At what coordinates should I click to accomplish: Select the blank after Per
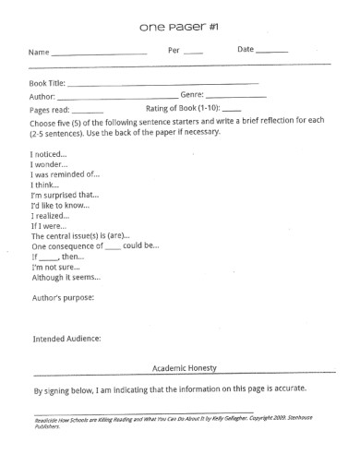coord(193,54)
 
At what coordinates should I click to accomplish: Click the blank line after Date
coord(271,54)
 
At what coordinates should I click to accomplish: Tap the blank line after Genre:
coord(236,95)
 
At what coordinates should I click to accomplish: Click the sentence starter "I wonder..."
coord(48,163)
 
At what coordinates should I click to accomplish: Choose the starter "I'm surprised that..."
coord(66,195)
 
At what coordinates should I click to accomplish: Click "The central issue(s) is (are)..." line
coord(80,235)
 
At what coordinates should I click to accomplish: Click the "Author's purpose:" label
coord(63,297)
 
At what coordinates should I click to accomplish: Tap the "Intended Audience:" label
coord(66,338)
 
